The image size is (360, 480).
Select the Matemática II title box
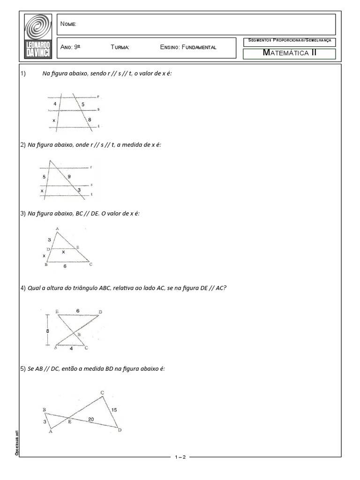(x=289, y=53)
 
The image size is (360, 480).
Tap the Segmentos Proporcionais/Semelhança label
(x=289, y=41)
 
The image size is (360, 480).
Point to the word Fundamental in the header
(x=199, y=48)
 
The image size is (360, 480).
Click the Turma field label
(x=120, y=48)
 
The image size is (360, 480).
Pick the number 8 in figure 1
(x=90, y=120)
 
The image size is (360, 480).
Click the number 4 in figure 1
(x=55, y=104)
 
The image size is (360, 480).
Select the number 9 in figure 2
(x=69, y=177)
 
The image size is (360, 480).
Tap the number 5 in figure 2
(x=44, y=177)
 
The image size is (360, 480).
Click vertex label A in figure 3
(x=57, y=229)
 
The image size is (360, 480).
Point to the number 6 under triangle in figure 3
(x=65, y=266)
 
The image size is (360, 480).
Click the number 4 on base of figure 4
(x=71, y=348)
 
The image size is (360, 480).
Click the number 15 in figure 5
(x=114, y=410)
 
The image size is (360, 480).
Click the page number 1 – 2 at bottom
(x=180, y=457)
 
